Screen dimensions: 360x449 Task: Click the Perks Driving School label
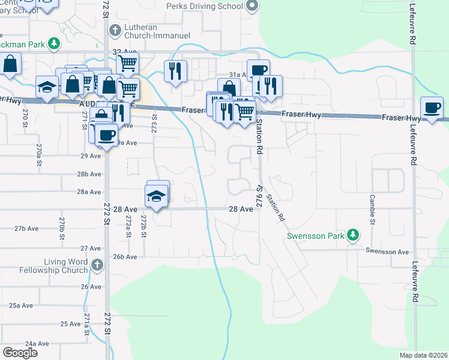(205, 7)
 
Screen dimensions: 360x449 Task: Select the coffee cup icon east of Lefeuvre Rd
(432, 109)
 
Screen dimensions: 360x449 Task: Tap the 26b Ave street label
(125, 256)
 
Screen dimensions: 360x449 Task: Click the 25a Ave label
(21, 305)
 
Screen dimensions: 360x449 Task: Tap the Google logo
(20, 353)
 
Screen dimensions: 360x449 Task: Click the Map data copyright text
(424, 355)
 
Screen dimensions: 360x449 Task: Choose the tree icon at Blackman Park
(54, 43)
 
